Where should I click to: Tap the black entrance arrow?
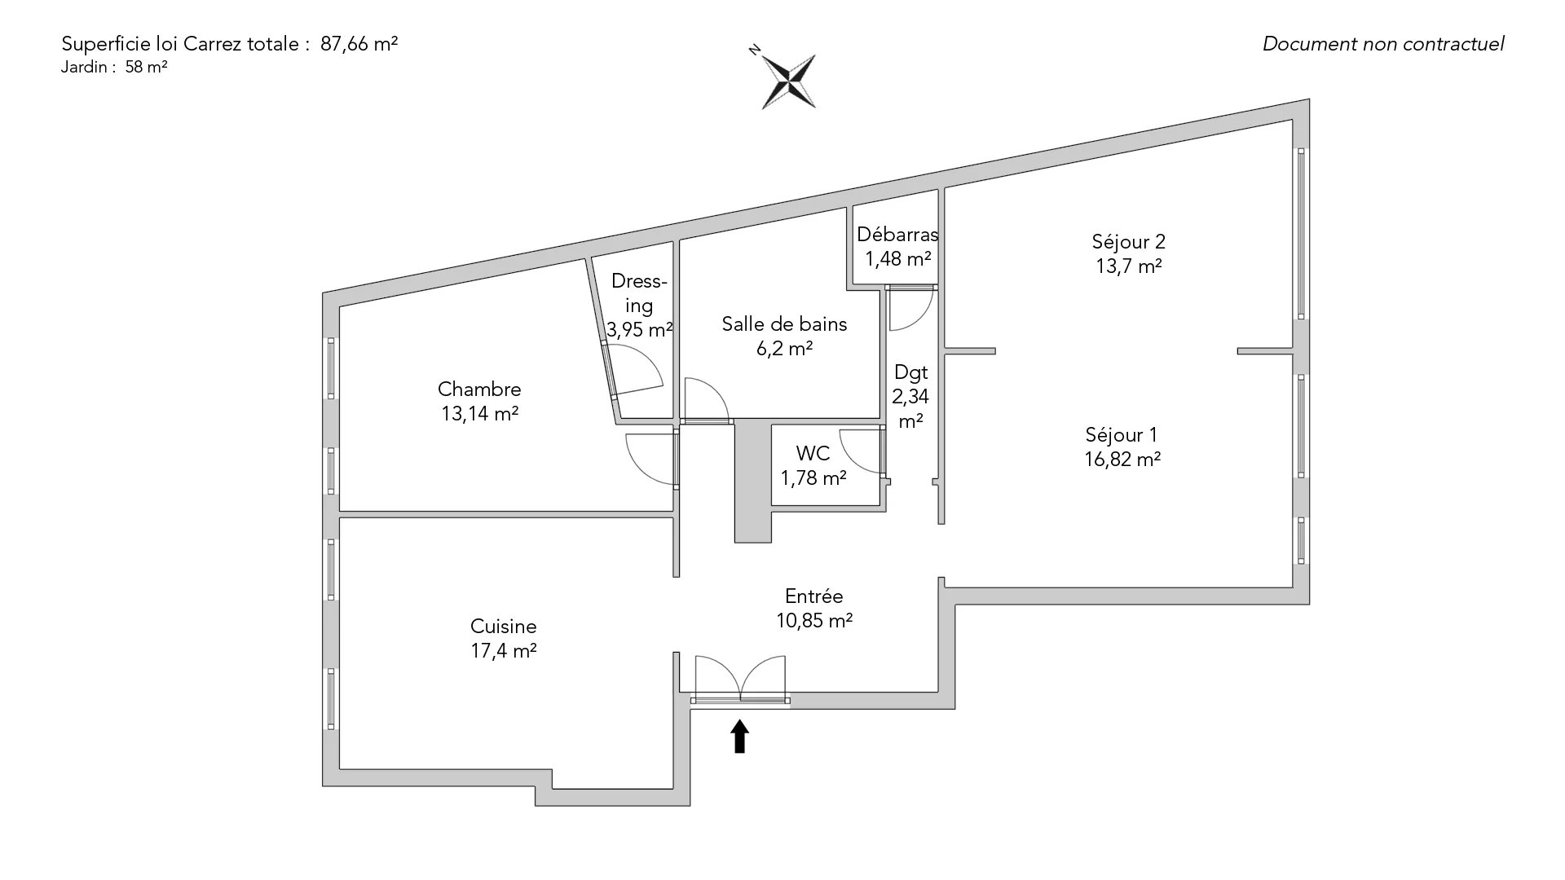(x=739, y=736)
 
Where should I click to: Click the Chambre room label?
(x=479, y=389)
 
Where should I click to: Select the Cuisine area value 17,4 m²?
(x=503, y=651)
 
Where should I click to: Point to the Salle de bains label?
(x=784, y=324)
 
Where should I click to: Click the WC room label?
(x=813, y=453)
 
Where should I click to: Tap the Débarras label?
(x=897, y=235)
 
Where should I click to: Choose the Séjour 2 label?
(x=1128, y=242)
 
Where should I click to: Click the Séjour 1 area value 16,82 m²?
(x=1122, y=460)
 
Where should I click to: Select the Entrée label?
(x=813, y=596)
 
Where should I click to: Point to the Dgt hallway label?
(x=910, y=373)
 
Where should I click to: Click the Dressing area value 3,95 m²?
(x=639, y=330)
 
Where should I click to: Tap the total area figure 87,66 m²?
(x=359, y=44)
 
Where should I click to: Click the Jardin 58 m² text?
(x=114, y=68)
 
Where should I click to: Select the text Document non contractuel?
(x=1382, y=44)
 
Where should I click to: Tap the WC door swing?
(x=862, y=451)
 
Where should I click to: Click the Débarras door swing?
(x=910, y=309)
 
